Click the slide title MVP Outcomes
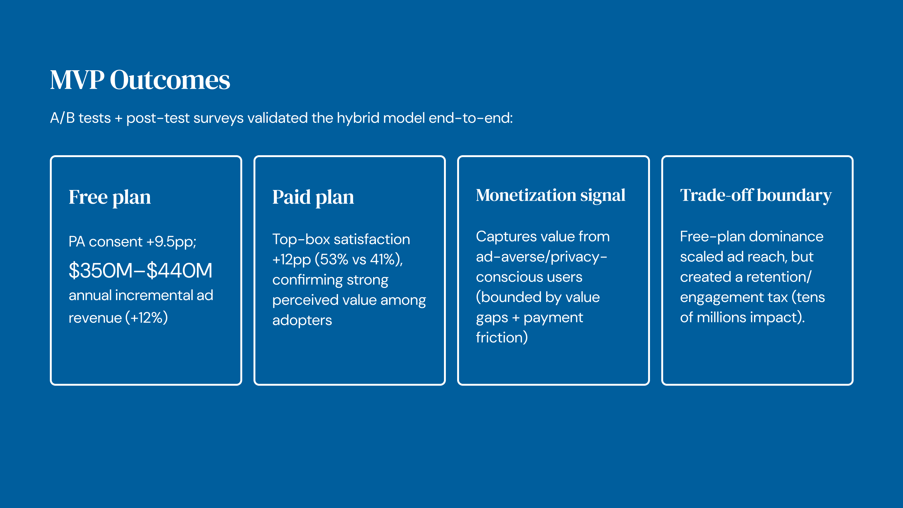(x=140, y=80)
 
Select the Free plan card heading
(x=110, y=197)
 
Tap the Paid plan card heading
(x=313, y=197)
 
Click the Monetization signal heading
(x=550, y=196)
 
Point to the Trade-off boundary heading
(x=756, y=196)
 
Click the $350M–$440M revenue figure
(x=140, y=270)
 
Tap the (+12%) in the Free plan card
(x=146, y=318)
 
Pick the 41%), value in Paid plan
(x=386, y=259)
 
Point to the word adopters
(x=302, y=320)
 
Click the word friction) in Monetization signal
(x=502, y=337)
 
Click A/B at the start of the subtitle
(x=62, y=118)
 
